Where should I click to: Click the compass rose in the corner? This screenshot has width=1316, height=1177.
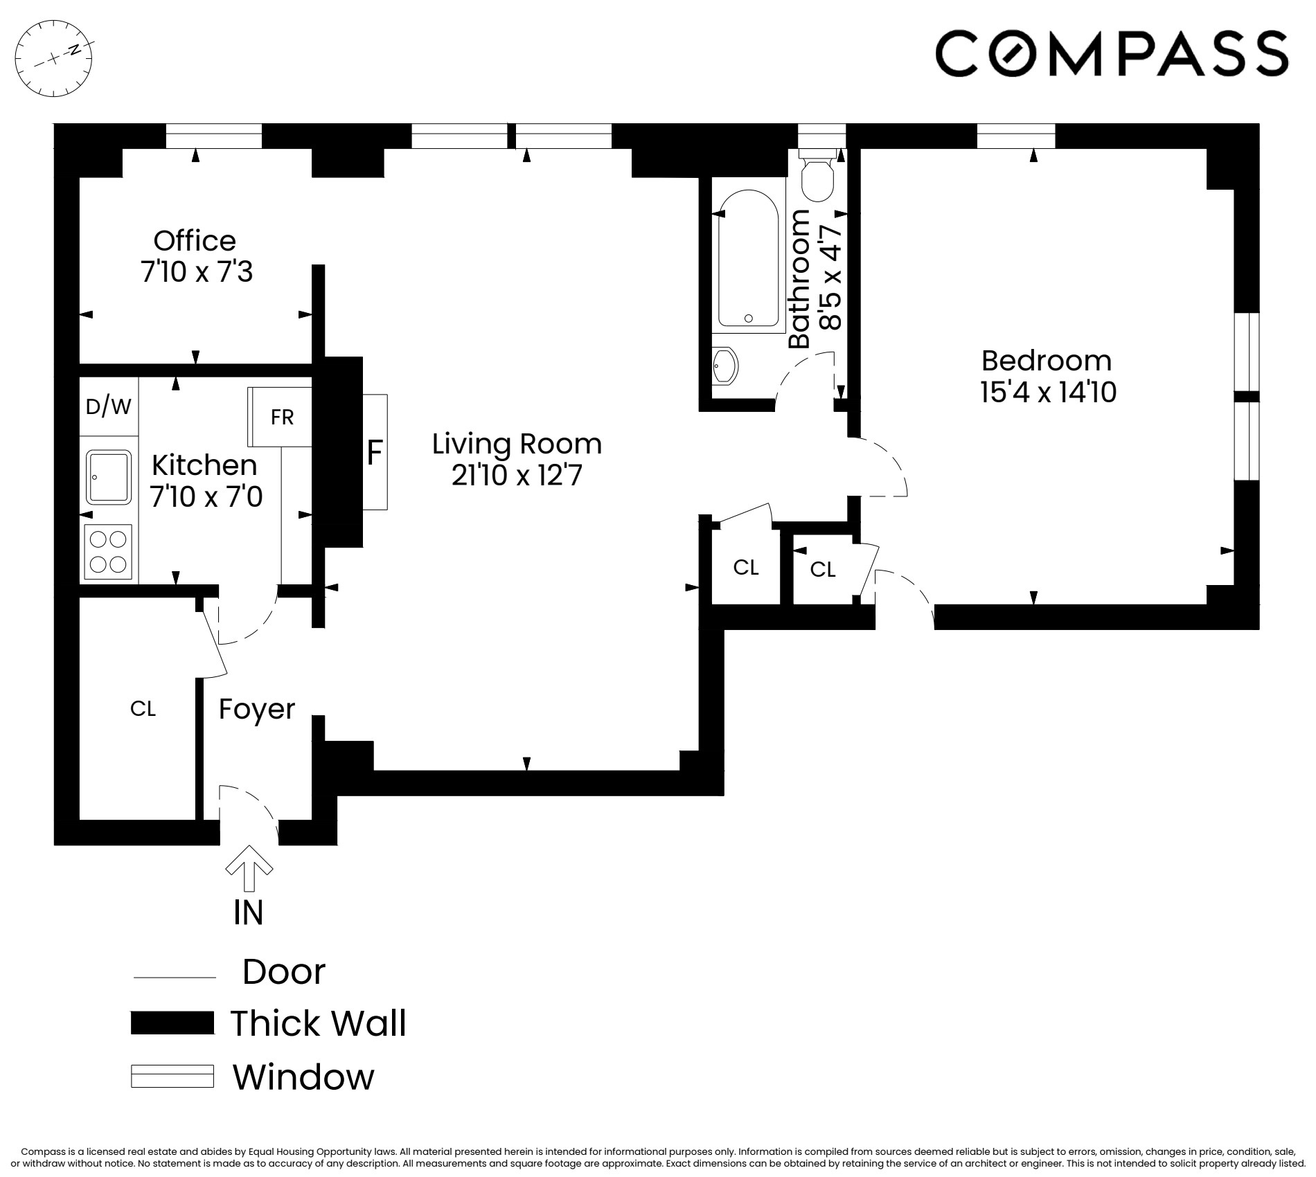pyautogui.click(x=54, y=58)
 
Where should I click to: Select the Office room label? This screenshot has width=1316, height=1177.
pyautogui.click(x=195, y=241)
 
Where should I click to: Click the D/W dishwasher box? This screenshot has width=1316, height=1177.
pyautogui.click(x=109, y=406)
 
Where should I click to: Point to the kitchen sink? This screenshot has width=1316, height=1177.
pyautogui.click(x=109, y=476)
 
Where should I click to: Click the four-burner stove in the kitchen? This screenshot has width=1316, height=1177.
pyautogui.click(x=108, y=552)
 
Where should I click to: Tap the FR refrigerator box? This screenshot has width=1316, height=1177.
pyautogui.click(x=281, y=417)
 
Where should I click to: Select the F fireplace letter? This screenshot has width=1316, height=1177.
pyautogui.click(x=374, y=453)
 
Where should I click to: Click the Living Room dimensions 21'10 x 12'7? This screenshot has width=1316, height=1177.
pyautogui.click(x=517, y=476)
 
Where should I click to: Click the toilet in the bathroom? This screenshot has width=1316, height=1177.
pyautogui.click(x=817, y=179)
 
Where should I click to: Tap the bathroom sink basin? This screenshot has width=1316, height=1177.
pyautogui.click(x=724, y=365)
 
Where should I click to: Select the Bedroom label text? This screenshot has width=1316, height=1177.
pyautogui.click(x=1046, y=361)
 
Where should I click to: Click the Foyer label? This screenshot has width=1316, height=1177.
pyautogui.click(x=256, y=709)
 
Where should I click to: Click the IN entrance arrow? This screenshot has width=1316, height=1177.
pyautogui.click(x=249, y=867)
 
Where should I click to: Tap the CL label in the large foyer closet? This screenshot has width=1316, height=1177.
pyautogui.click(x=143, y=708)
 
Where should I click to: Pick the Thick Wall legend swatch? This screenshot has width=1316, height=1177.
pyautogui.click(x=172, y=1023)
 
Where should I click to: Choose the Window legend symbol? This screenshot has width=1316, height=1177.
pyautogui.click(x=172, y=1076)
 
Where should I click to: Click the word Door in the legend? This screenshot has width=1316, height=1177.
pyautogui.click(x=283, y=971)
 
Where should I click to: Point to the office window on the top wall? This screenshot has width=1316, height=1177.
pyautogui.click(x=214, y=136)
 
